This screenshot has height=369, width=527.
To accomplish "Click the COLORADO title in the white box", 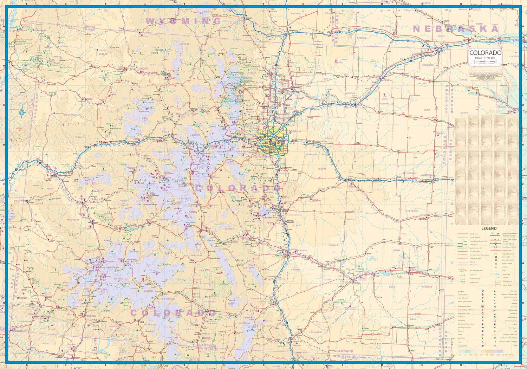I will tap(485, 53).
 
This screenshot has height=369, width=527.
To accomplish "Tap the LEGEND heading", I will tap(489, 228).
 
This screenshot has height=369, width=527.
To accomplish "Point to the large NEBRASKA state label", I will tap(456, 29).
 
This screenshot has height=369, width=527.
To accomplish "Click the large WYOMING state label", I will tap(183, 21).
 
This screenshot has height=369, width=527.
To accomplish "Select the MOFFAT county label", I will tap(103, 54).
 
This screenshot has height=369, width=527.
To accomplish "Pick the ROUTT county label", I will tap(154, 65).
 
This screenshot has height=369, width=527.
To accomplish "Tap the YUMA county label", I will tap(427, 110).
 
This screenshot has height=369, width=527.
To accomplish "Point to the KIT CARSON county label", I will tap(410, 173).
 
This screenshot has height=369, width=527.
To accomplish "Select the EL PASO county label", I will tap(297, 225).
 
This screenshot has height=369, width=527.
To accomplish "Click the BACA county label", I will tap(413, 319).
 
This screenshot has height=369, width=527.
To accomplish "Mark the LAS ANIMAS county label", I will tap(316, 332).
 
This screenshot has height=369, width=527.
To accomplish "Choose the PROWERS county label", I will tap(427, 287).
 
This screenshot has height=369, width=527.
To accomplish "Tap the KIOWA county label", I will tap(397, 250).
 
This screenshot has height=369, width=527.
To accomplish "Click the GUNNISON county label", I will tap(163, 220).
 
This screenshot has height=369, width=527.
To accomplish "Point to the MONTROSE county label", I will tap(73, 220).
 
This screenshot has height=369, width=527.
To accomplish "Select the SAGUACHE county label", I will tap(196, 255).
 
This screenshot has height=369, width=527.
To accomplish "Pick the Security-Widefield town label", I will tap(290, 221).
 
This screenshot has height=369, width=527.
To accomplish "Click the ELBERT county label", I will tap(322, 169).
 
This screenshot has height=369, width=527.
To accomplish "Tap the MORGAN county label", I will tap(351, 93).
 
